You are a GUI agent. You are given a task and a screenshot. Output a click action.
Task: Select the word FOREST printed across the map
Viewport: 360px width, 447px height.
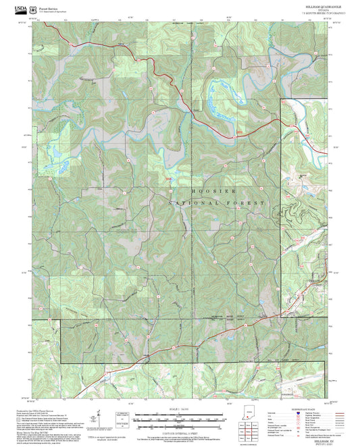(246, 203)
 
